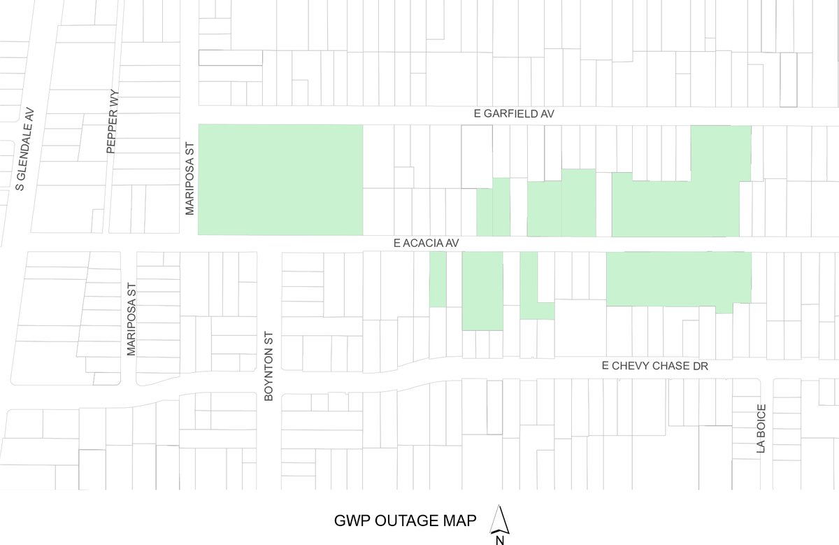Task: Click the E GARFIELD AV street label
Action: [x=513, y=113]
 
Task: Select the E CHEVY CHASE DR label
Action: [x=655, y=366]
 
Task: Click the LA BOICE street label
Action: [x=761, y=429]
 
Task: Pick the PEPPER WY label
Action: [x=112, y=121]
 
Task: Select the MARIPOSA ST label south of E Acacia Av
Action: [x=131, y=320]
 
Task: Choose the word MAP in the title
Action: [x=463, y=521]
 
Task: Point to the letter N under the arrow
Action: [x=500, y=539]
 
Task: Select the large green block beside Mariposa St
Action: [x=280, y=180]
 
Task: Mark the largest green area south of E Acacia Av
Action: [x=678, y=278]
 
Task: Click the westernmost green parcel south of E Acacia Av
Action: [x=438, y=278]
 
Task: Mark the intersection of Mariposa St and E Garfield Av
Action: [x=189, y=115]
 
